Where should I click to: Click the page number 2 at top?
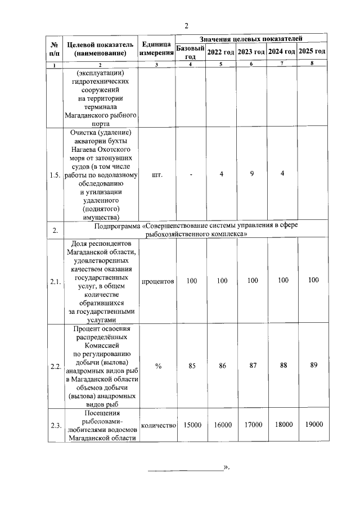pyautogui.click(x=186, y=25)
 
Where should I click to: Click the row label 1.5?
pyautogui.click(x=55, y=175)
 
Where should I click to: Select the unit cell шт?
pyautogui.click(x=157, y=174)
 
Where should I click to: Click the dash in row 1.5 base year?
pyautogui.click(x=191, y=174)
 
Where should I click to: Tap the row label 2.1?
pyautogui.click(x=55, y=281)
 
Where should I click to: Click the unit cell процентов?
pyautogui.click(x=157, y=280)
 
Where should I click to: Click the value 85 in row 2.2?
pyautogui.click(x=192, y=366)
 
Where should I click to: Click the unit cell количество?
pyautogui.click(x=157, y=425)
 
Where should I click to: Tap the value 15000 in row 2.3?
pyautogui.click(x=192, y=425)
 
